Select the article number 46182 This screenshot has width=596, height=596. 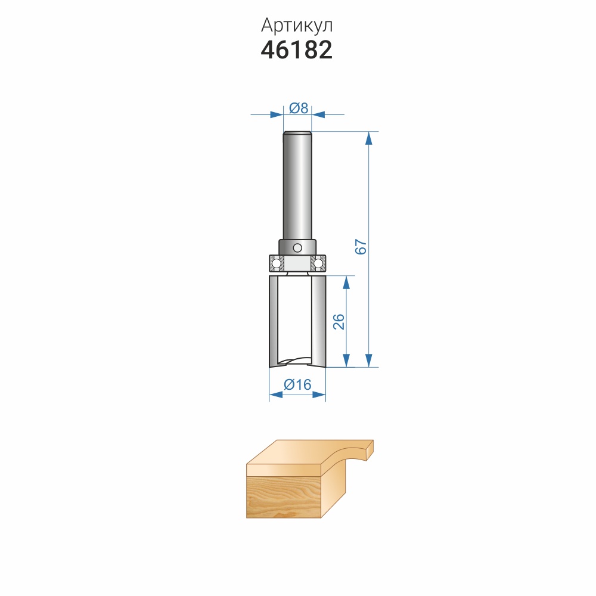pos(297,50)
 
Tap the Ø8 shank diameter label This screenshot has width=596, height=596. pos(299,108)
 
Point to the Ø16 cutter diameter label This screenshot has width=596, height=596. pos(297,384)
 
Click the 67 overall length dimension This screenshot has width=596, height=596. pos(361,247)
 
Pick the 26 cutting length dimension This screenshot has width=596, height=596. pos(339,322)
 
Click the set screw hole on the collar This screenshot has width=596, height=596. pos(297,248)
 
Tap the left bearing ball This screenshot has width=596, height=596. pos(277,263)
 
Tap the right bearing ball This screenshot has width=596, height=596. pos(318,263)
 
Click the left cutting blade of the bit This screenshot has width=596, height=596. pos(274,321)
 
